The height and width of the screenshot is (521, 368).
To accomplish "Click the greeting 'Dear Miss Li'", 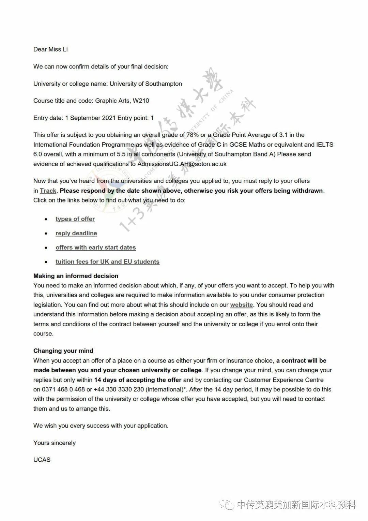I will [x=50, y=49].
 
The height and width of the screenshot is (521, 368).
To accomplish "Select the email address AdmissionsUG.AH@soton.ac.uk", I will [x=182, y=164].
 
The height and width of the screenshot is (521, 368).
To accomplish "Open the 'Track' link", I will [x=48, y=191].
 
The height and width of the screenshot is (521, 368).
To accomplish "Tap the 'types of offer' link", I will [x=75, y=219].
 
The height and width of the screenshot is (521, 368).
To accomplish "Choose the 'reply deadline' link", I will [x=76, y=233].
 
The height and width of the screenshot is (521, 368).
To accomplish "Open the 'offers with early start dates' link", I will [x=96, y=248].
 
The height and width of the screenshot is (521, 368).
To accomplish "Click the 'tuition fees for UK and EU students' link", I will [x=107, y=262].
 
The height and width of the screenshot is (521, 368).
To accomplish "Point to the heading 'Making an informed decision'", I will [x=76, y=276].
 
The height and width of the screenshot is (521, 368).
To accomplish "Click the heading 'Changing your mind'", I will [x=63, y=351].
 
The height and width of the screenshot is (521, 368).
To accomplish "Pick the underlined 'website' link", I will [x=242, y=305].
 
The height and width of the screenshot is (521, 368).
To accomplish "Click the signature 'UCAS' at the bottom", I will [x=42, y=460].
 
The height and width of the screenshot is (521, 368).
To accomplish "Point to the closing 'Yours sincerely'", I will [x=55, y=443].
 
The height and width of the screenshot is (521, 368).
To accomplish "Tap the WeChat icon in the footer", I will [x=227, y=505].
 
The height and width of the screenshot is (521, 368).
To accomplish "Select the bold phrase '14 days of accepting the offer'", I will [x=138, y=380].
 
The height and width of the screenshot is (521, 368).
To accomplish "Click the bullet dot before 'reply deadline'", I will [x=46, y=234].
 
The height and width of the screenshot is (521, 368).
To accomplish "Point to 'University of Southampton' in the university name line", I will [x=146, y=84].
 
